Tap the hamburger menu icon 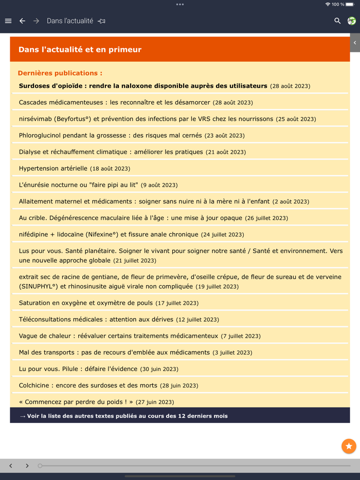pos(8,21)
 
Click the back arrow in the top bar pos(22,21)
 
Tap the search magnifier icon pos(337,21)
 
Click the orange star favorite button pos(349,446)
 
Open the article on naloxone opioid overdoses pos(143,86)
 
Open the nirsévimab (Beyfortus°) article pos(146,119)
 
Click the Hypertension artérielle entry pos(53,168)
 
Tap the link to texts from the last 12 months pos(124,416)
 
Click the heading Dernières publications pos(60,73)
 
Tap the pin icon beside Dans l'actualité pos(102,21)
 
